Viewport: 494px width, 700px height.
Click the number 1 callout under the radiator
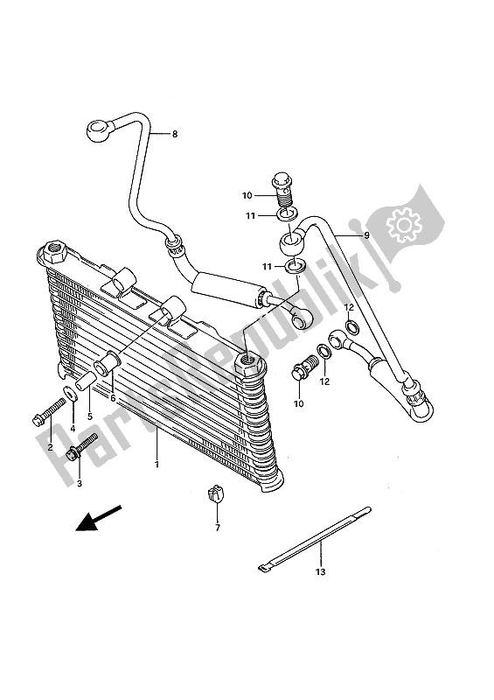point(157,465)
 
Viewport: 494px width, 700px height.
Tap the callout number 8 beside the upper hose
point(174,134)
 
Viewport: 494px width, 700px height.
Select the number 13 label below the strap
point(320,571)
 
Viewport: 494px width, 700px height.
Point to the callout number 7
point(218,527)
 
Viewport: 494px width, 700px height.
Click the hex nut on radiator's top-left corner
point(54,251)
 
